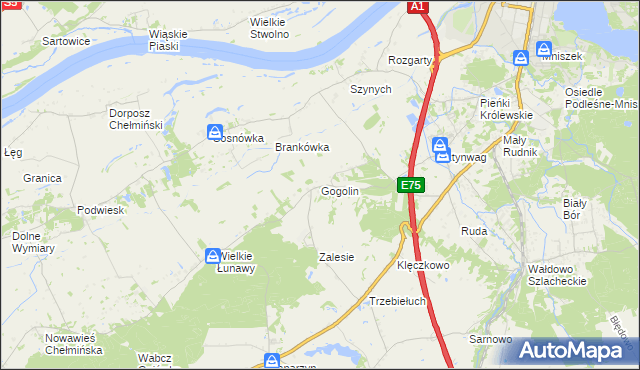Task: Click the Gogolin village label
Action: [339, 191]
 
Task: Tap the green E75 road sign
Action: [411, 185]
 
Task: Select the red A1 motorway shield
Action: [419, 7]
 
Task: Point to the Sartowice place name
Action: [67, 41]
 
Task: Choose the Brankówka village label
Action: [302, 147]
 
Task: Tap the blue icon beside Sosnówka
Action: [215, 132]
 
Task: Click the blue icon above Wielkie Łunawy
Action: [213, 256]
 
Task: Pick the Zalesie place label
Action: [336, 257]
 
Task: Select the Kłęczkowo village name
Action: [424, 266]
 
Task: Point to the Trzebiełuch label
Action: [398, 300]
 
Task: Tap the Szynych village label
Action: [370, 89]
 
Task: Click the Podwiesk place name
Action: [100, 211]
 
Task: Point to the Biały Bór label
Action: [573, 208]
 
